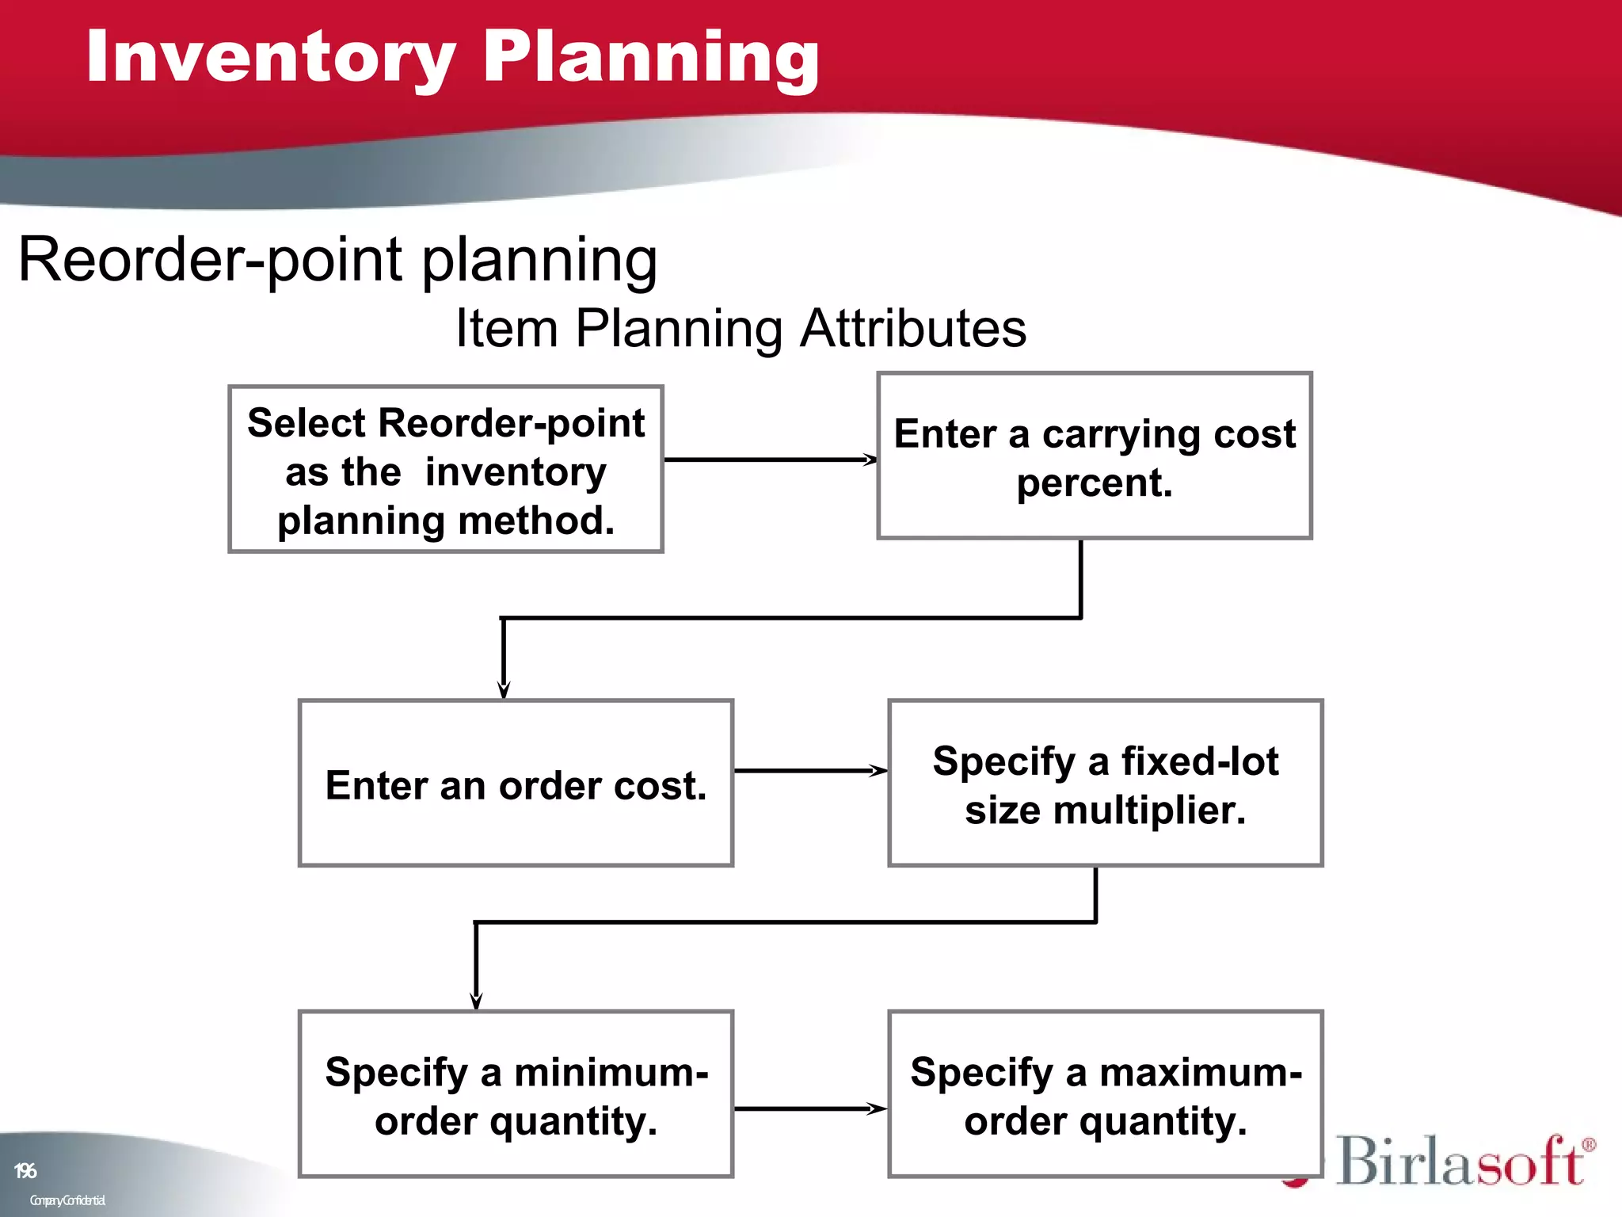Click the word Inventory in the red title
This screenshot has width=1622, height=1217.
269,57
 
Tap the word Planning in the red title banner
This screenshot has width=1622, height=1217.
651,57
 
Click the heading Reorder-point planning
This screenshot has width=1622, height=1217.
337,260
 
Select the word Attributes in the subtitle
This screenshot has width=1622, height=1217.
912,328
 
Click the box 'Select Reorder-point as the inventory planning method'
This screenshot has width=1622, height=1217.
446,470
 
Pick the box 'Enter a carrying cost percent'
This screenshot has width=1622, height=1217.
1095,456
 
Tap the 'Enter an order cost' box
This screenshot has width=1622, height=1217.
516,784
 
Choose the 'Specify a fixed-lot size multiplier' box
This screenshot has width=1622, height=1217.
1106,784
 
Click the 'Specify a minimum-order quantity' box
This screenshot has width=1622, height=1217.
516,1095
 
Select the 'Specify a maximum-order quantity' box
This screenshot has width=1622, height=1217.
1106,1095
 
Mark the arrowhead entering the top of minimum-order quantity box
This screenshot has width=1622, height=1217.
476,1000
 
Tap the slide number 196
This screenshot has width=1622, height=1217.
25,1170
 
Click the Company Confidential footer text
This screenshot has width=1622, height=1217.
67,1200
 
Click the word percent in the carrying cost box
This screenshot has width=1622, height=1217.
1095,483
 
